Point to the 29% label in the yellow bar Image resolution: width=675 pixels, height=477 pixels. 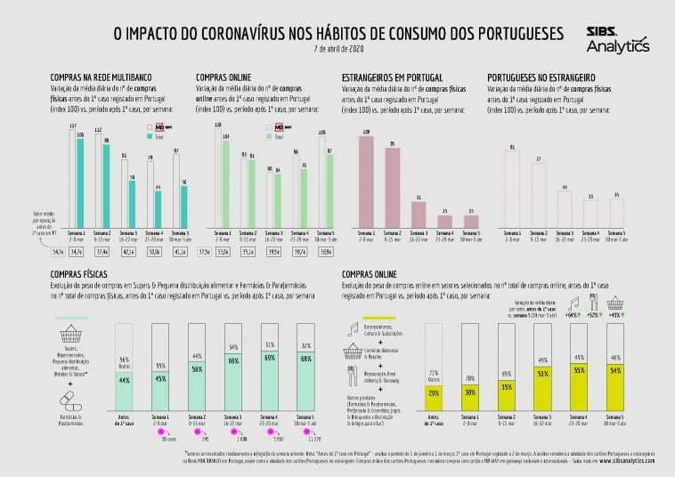pyautogui.click(x=434, y=392)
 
